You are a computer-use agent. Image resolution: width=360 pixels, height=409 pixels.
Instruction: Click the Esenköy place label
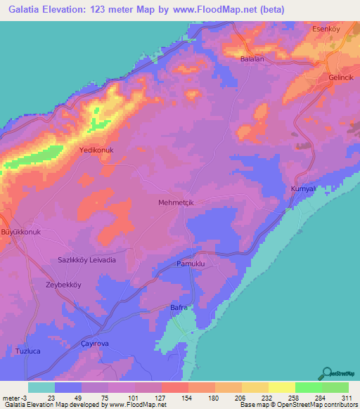pyautogui.click(x=326, y=30)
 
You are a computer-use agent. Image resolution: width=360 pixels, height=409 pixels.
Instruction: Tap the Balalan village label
pyautogui.click(x=252, y=59)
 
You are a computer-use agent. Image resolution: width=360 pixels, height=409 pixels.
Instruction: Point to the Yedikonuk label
pyautogui.click(x=97, y=150)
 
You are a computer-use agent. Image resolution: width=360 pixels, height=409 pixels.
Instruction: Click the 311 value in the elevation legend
pyautogui.click(x=347, y=397)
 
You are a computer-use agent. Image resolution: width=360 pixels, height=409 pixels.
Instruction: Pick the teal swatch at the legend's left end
pyautogui.click(x=41, y=387)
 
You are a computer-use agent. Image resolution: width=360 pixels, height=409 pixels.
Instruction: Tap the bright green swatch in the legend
pyautogui.click(x=308, y=387)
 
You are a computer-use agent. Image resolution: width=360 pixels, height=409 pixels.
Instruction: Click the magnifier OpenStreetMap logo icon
pyautogui.click(x=328, y=372)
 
